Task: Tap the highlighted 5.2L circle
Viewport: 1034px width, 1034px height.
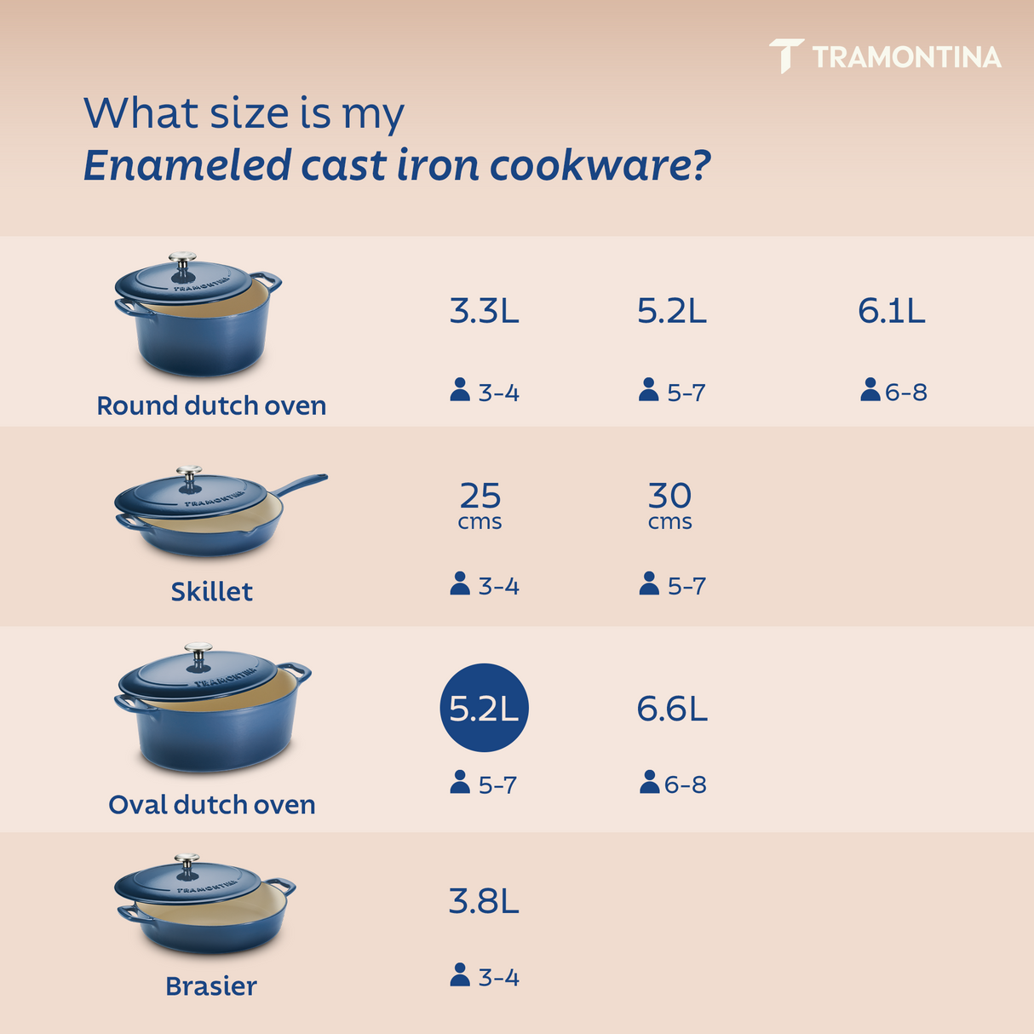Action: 484,708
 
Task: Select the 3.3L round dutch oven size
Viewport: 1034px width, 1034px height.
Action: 484,311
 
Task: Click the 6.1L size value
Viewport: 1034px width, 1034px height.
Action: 891,311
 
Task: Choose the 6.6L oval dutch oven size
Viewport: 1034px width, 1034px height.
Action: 672,708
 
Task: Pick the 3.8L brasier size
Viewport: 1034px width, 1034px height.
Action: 484,900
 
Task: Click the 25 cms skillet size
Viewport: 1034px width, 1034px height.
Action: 480,504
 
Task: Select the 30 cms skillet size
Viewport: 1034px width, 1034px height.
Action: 670,504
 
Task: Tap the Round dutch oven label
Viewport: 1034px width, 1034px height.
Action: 211,405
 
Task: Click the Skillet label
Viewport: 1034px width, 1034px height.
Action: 211,591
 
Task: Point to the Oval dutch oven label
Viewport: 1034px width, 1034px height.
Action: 211,804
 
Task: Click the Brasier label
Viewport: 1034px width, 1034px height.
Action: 211,985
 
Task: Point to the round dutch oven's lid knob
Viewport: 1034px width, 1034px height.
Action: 182,259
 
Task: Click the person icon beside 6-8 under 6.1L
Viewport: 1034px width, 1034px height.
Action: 870,390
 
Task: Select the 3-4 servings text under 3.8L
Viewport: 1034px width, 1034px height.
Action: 498,978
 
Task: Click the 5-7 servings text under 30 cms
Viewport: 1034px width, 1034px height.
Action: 686,586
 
